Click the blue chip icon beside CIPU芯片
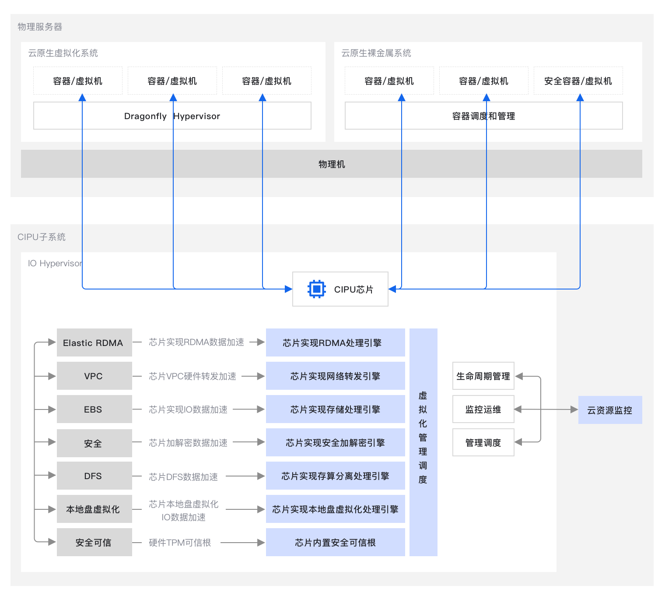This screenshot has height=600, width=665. tap(316, 289)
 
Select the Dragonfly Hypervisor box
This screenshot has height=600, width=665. tap(172, 116)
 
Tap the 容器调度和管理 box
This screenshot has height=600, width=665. tap(483, 116)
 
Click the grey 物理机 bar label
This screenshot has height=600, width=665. tap(331, 164)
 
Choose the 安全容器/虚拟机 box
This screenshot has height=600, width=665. tap(578, 81)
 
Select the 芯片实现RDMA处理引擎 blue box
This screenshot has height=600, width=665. tap(335, 342)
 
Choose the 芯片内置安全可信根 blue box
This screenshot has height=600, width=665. tap(335, 542)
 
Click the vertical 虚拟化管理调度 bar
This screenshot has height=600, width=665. tap(423, 442)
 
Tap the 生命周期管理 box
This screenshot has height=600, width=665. tap(483, 376)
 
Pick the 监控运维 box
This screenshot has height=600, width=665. tap(483, 409)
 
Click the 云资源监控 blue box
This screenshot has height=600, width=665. tap(610, 410)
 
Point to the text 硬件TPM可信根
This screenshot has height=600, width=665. tap(180, 543)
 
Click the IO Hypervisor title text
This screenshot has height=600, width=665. tap(55, 263)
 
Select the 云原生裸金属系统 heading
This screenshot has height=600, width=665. tap(376, 53)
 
